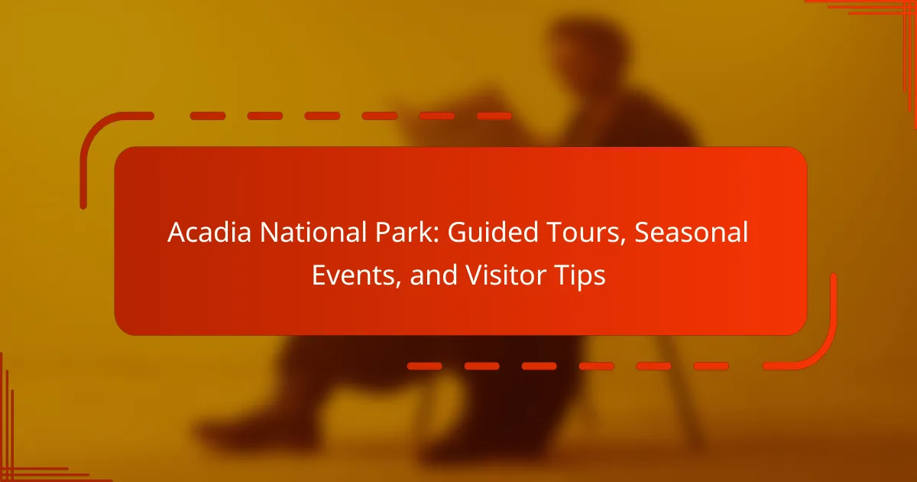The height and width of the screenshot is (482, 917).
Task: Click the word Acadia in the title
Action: (x=209, y=233)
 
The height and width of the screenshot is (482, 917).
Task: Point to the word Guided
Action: (x=492, y=233)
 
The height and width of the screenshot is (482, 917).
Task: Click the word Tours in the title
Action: (x=583, y=233)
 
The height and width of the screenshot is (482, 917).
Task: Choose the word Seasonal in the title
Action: (x=692, y=233)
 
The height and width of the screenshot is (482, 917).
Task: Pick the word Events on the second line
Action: (x=353, y=275)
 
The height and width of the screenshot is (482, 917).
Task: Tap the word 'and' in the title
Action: (x=433, y=275)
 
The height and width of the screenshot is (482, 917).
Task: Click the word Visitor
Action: (x=506, y=275)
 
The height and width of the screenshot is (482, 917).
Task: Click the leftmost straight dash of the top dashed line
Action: (x=208, y=116)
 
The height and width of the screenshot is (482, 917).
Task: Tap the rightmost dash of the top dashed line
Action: (x=494, y=116)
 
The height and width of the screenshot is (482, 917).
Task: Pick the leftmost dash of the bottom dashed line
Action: (x=425, y=366)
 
